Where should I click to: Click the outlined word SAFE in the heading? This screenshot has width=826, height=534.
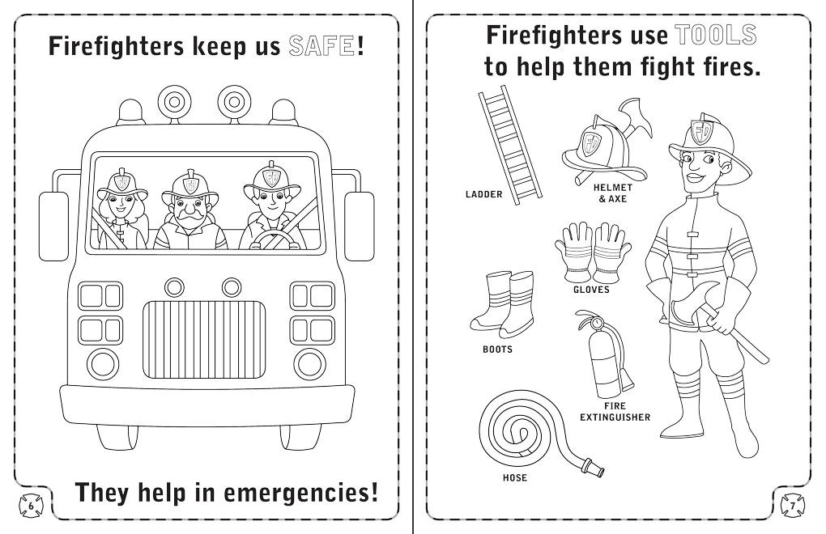click(x=321, y=46)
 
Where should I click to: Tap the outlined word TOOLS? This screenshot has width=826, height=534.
click(x=715, y=36)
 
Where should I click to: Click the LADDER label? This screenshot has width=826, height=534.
click(x=483, y=194)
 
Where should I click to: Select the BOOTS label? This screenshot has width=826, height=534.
click(x=497, y=350)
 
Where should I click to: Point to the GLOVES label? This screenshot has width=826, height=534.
click(x=591, y=290)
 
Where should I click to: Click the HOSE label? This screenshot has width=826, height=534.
click(x=515, y=477)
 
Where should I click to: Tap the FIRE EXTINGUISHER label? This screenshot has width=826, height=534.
click(x=615, y=411)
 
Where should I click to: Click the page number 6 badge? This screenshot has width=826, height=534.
click(x=31, y=506)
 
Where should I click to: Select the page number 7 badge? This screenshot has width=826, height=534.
click(x=792, y=506)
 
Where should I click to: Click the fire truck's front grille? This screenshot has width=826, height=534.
click(x=204, y=339)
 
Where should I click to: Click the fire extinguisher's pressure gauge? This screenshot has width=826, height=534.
click(x=597, y=321)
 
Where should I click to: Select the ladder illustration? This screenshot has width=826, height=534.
click(x=510, y=145)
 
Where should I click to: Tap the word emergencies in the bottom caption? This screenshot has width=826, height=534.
click(x=300, y=493)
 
